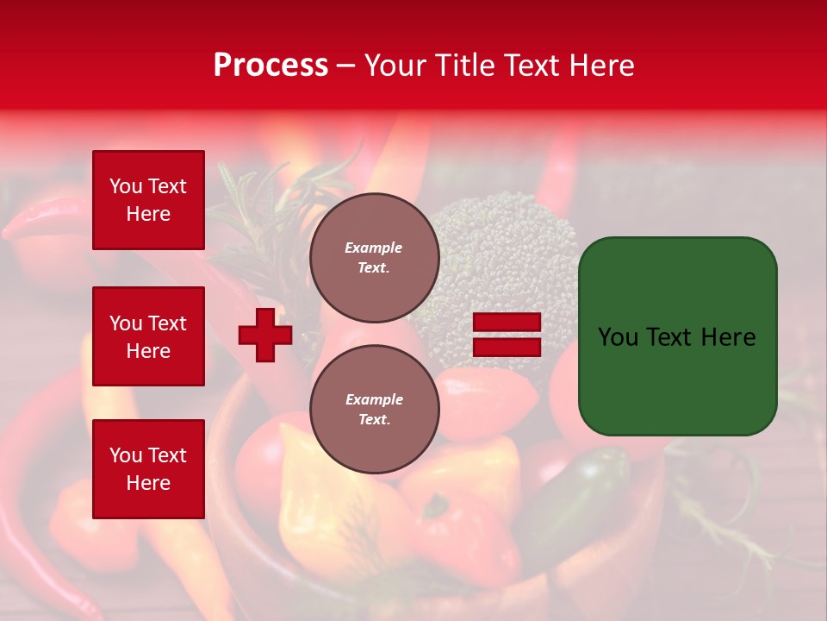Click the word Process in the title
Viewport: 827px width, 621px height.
click(270, 66)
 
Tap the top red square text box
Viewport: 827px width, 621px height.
click(148, 200)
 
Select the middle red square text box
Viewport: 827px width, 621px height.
click(148, 336)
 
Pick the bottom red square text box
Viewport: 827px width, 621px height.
click(148, 469)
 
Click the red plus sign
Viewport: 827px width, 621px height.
click(265, 335)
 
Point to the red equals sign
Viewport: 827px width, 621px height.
click(507, 335)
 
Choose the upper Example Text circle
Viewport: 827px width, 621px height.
click(374, 258)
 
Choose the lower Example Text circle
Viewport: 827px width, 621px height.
click(374, 410)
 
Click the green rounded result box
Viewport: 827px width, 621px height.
click(677, 336)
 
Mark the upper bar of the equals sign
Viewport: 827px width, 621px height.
click(507, 323)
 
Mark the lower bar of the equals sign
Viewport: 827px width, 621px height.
click(507, 347)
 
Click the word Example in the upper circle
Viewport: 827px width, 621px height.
click(374, 248)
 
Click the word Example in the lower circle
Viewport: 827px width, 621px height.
click(374, 400)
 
